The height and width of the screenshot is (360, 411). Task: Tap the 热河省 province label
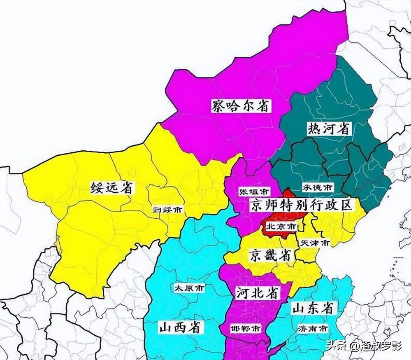(330, 129)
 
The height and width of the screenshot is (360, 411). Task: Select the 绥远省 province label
(112, 188)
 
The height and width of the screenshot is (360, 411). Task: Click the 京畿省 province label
(270, 255)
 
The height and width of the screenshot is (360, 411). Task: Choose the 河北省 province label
(258, 293)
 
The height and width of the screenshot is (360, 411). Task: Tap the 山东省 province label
(312, 308)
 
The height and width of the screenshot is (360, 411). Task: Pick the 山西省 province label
(180, 327)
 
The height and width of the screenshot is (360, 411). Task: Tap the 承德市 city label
(318, 187)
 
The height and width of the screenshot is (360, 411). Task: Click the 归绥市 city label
(167, 210)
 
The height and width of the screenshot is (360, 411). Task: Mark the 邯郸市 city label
(246, 329)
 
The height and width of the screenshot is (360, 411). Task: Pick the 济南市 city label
(313, 329)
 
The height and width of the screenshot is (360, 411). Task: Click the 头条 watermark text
(336, 345)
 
